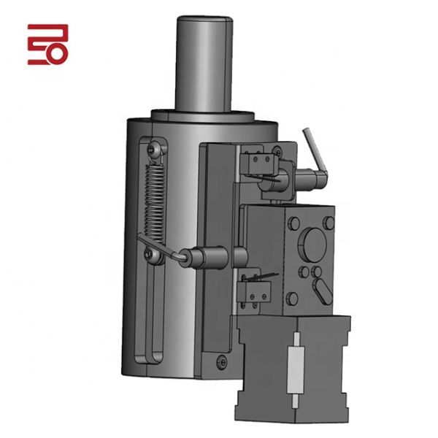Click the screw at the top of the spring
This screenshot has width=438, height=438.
(x=152, y=149)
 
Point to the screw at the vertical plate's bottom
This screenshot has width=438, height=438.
(x=222, y=358)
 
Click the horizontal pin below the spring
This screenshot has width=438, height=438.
(x=204, y=257)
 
